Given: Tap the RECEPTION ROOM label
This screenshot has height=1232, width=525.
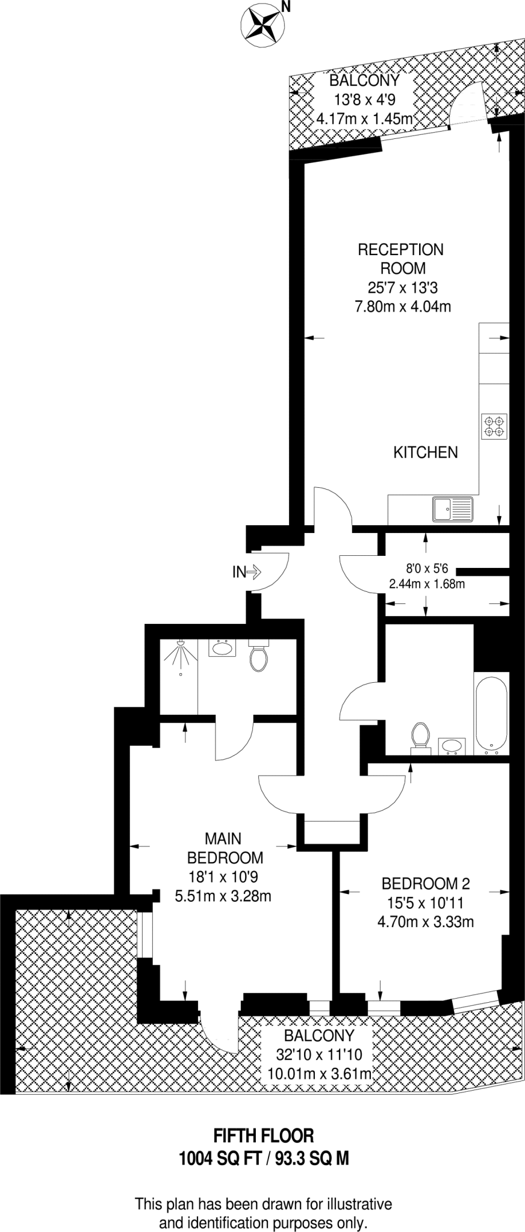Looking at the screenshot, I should click(400, 259).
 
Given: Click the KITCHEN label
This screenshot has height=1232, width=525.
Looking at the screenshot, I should click(426, 452).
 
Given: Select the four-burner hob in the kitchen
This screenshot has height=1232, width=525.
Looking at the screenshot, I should click(494, 426).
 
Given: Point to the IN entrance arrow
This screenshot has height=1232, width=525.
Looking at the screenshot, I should click(246, 571).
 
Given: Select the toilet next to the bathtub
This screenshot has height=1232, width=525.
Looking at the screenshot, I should click(420, 737).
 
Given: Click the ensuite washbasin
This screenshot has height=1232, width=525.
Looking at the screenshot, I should click(222, 648).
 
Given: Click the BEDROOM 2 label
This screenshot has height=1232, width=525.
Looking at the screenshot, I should click(425, 884).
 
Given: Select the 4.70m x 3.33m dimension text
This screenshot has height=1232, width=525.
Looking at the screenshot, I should click(425, 921).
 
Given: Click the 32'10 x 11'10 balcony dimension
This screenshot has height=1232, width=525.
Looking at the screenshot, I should click(319, 1055).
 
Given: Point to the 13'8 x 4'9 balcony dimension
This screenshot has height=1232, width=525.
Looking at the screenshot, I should click(364, 100).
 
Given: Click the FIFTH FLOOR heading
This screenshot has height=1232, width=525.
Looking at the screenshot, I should click(264, 1135).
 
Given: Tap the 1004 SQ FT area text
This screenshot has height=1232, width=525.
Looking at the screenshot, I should click(217, 1157).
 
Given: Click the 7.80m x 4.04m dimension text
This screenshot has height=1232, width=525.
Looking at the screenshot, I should click(403, 307).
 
